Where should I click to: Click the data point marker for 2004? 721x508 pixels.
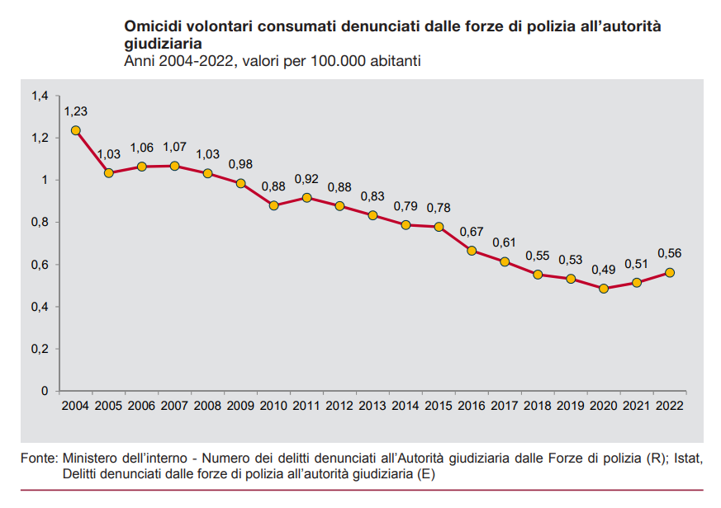(x=76, y=130)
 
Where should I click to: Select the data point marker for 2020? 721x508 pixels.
(x=604, y=289)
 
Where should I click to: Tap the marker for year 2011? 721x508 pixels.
(x=306, y=198)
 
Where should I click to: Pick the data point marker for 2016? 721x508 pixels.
(x=472, y=251)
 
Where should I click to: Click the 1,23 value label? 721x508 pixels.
(x=76, y=111)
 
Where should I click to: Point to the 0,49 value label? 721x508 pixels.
(x=604, y=270)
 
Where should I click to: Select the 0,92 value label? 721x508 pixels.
(x=306, y=178)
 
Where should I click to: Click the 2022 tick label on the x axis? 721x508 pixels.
(x=670, y=405)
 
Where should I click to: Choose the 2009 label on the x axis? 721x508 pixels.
(x=240, y=405)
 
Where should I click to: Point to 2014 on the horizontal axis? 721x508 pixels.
(x=406, y=405)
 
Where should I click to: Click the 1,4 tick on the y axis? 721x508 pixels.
(x=40, y=96)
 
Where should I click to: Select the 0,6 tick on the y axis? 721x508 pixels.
(x=40, y=265)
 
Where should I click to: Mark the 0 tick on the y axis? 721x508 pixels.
(x=45, y=391)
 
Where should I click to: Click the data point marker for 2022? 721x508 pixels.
(x=670, y=273)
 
